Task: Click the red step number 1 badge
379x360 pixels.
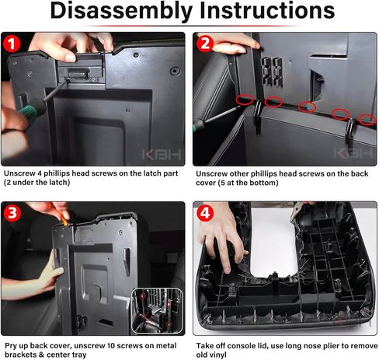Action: tap(12, 44)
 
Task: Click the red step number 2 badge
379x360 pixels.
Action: tap(205, 44)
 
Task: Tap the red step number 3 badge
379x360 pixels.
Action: tap(12, 213)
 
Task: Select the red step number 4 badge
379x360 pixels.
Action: tap(205, 213)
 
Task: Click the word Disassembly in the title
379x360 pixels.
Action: tap(121, 11)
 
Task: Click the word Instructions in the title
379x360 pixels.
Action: tap(267, 10)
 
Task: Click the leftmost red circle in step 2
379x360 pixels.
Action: tap(245, 100)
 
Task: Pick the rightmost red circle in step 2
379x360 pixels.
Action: tap(367, 120)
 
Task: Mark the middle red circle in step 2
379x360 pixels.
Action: tap(308, 107)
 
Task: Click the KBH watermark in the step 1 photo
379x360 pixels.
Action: tap(162, 155)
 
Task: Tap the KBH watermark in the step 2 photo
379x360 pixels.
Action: tap(353, 153)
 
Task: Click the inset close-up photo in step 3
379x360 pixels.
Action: tap(157, 311)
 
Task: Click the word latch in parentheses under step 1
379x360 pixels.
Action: tap(61, 183)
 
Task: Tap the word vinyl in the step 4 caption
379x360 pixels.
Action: tap(219, 355)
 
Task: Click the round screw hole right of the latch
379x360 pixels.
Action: tap(176, 71)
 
